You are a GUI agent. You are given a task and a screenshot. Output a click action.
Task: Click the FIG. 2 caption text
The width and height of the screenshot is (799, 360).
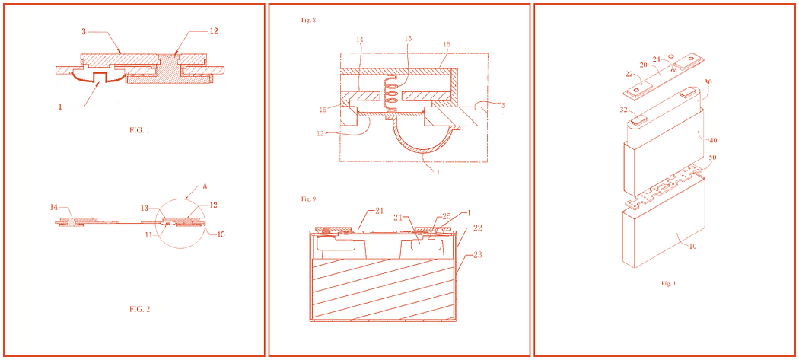tap(139, 309)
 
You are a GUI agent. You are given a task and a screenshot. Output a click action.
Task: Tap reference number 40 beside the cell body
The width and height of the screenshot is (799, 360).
tap(711, 140)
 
